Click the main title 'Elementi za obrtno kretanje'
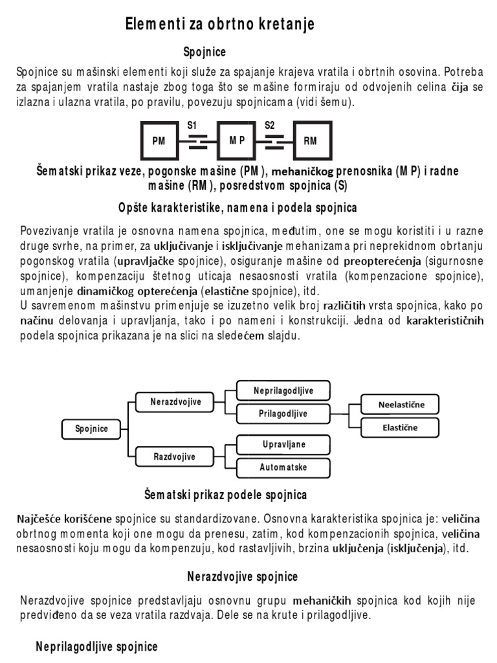click(219, 25)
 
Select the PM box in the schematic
click(159, 140)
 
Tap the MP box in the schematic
click(236, 140)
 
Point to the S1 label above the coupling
click(192, 126)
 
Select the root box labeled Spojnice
click(91, 428)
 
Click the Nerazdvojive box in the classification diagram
click(176, 402)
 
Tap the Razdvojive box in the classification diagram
click(175, 456)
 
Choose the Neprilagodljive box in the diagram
click(283, 390)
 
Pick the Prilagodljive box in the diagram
click(283, 414)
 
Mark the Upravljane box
click(283, 445)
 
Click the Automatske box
click(283, 467)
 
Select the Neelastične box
click(401, 405)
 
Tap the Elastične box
click(401, 427)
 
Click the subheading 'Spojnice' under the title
click(205, 52)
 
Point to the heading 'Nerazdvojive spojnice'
click(243, 576)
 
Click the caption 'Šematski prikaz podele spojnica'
click(225, 495)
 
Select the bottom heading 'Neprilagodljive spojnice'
click(96, 646)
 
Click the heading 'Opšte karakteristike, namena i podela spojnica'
click(237, 208)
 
